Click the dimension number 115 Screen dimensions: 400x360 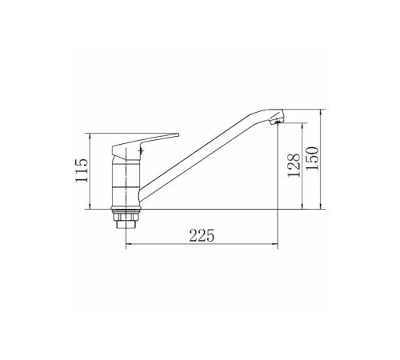[82, 170]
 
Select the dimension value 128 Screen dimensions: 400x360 [294, 165]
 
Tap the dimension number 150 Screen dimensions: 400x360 [312, 158]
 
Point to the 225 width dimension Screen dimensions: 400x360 [202, 235]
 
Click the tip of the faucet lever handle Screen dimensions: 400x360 [178, 134]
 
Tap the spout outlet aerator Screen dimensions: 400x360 [277, 122]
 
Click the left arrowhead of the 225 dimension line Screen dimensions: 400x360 [127, 243]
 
